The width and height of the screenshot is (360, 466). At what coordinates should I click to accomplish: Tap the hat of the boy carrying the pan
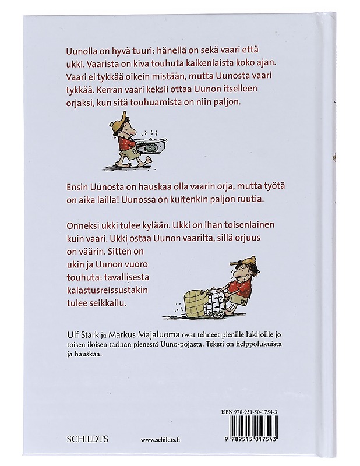click(119, 123)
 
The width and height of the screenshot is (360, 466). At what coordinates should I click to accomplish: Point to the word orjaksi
click(76, 101)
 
